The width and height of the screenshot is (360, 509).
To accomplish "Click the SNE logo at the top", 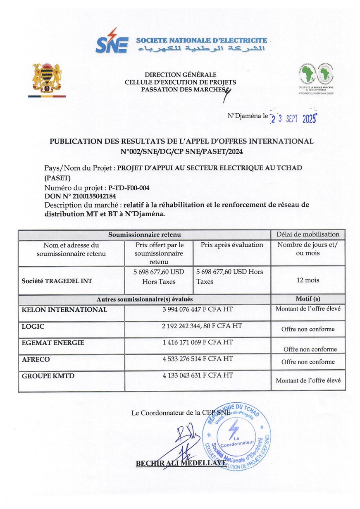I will point(112,41).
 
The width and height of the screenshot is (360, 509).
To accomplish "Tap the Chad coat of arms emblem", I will point(47,78).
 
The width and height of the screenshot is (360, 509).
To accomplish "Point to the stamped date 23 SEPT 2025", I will point(293,119).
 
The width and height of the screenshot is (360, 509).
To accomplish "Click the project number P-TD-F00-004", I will point(129,188).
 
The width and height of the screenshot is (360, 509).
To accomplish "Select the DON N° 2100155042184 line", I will point(80,196).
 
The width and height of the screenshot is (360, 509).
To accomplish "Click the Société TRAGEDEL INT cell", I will point(57,281).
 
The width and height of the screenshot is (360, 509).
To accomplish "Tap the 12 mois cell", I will point(308,280).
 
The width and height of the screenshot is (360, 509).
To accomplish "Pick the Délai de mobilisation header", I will point(308,234).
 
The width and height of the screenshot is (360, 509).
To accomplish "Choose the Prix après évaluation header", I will point(232,245).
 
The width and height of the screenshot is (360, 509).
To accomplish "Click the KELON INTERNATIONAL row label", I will point(64,310).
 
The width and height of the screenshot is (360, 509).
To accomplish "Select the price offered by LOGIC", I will point(198,326).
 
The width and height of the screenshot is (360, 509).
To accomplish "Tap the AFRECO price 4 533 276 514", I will point(198,359).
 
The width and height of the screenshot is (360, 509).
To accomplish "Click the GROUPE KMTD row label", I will point(48,375).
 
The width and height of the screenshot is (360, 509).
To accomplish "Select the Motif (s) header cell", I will point(308,299).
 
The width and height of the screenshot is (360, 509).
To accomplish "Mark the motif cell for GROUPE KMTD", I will point(308,380).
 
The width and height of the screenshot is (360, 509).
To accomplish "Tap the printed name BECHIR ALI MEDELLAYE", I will point(181,463).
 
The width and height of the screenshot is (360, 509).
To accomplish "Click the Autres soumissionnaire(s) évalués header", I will point(144,299).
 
